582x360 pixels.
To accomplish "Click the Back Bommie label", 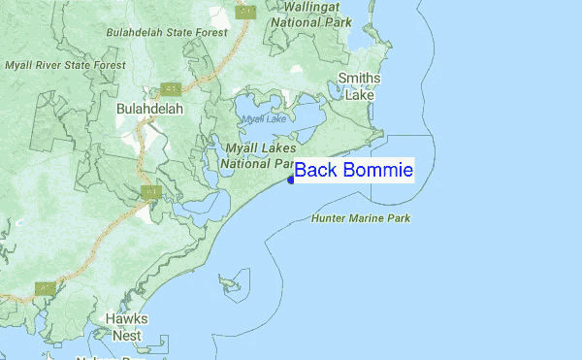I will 354,171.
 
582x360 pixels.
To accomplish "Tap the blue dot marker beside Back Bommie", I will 291,179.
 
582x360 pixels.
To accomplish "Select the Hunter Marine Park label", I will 361,218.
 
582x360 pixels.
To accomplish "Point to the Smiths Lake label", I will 359,87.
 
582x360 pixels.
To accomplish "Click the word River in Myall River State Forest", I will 57,65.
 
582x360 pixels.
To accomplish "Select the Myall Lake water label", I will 264,118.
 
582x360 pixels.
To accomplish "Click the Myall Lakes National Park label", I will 259,154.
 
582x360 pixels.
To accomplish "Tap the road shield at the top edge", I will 246,12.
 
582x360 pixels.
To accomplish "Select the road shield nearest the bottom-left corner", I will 44,288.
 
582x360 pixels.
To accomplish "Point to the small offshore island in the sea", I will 230,283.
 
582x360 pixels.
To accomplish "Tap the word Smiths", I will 359,79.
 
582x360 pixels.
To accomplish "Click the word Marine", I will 368,218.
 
